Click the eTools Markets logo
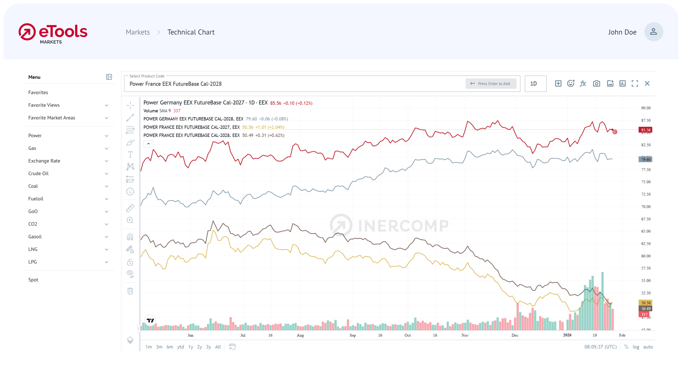[53, 33]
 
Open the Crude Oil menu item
[38, 173]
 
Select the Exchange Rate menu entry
[44, 161]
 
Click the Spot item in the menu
[33, 280]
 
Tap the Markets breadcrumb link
[138, 32]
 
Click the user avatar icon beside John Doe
[653, 32]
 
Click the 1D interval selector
[535, 84]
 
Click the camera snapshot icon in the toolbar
[596, 84]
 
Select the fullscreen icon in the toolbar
[635, 84]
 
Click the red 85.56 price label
[645, 130]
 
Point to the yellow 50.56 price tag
[645, 303]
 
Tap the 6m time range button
[170, 347]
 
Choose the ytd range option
[180, 347]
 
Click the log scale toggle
[636, 347]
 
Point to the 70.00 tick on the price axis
[646, 207]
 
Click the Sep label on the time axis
[353, 335]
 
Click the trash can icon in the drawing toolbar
[130, 291]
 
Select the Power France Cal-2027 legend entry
[191, 127]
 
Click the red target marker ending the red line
[615, 132]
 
